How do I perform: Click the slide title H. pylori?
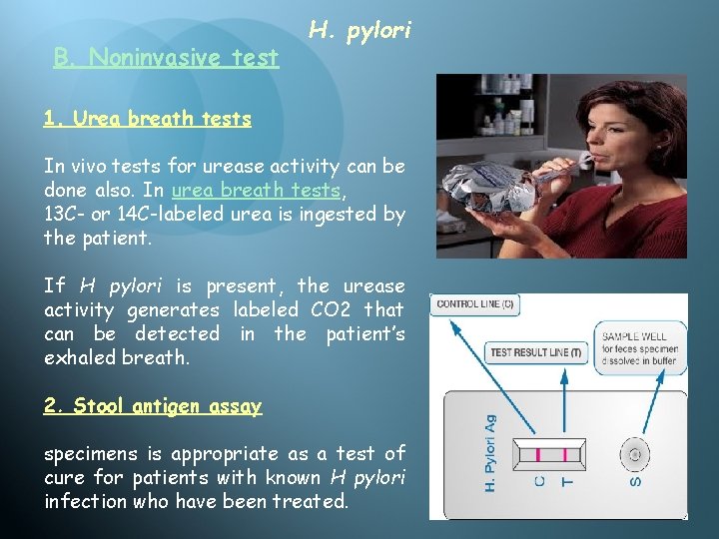[359, 31]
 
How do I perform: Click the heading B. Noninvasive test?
[166, 58]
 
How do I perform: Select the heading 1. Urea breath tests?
[147, 119]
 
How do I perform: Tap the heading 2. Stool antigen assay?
[152, 406]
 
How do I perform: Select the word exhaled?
[79, 357]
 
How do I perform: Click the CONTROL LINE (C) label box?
[475, 303]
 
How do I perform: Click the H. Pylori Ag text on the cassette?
[490, 454]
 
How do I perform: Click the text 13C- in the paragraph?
[65, 214]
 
